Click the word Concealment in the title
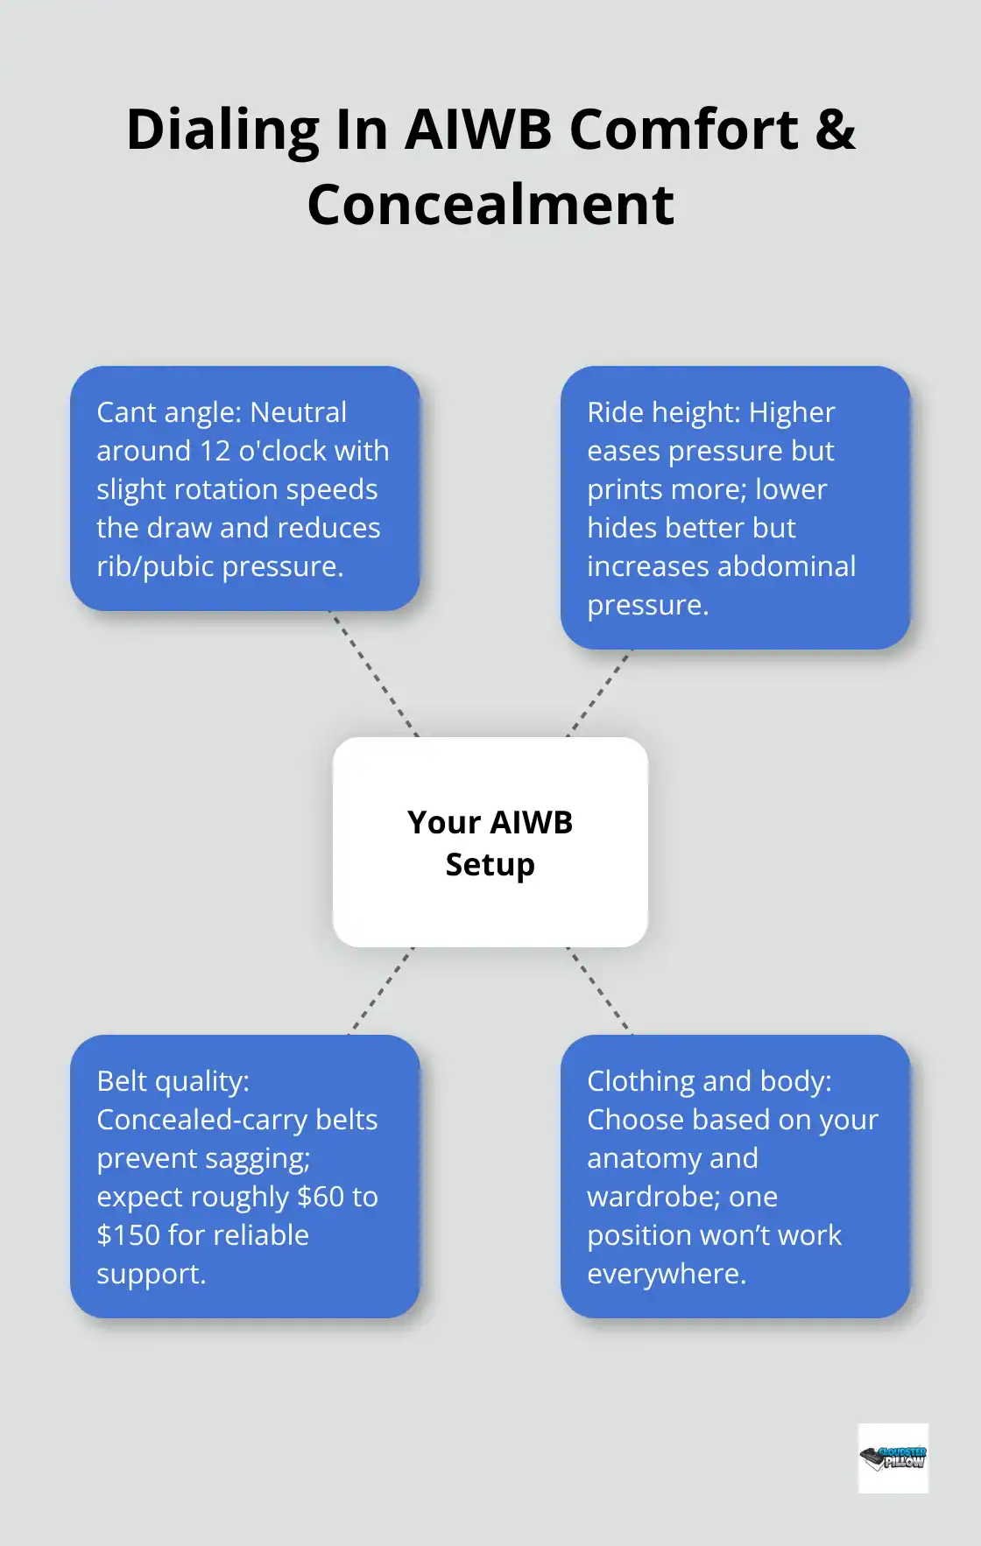pos(490,205)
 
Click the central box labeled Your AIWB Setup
pos(490,842)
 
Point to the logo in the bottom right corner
pos(893,1458)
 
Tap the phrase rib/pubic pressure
pos(219,566)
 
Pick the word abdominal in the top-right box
pos(787,566)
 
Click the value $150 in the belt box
pos(128,1235)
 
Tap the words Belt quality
pos(173,1081)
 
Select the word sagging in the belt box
pos(258,1158)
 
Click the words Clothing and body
pos(709,1081)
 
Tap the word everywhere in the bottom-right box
pos(666,1274)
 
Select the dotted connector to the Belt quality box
pos(382,990)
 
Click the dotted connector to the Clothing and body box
pos(599,990)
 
